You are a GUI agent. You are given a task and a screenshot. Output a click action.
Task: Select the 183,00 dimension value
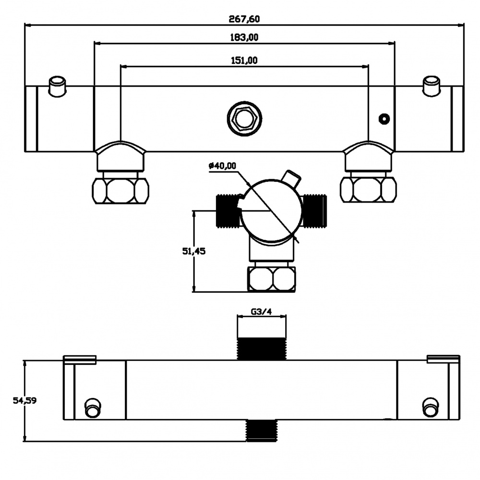[x=245, y=37]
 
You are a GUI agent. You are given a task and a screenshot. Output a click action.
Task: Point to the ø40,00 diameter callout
[x=222, y=166]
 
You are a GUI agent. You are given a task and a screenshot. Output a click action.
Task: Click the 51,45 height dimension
[x=194, y=252]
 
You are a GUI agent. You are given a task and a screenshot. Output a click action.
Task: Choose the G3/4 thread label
[x=262, y=312]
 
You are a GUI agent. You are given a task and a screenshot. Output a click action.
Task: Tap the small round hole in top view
[x=384, y=119]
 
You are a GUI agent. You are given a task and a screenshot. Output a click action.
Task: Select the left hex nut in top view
[x=120, y=190]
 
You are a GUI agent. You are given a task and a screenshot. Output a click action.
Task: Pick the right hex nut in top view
[x=368, y=190]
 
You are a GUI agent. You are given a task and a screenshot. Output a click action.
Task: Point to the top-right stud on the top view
[x=431, y=85]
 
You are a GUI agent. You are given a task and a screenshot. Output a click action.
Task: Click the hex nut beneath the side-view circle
[x=272, y=279]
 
